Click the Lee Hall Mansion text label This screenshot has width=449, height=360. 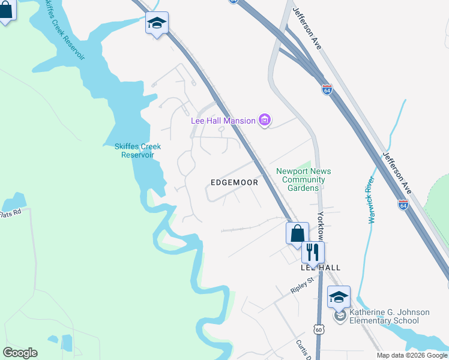pyautogui.click(x=223, y=121)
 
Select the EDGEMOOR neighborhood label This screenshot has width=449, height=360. pyautogui.click(x=234, y=182)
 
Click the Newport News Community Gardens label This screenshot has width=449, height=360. pyautogui.click(x=303, y=179)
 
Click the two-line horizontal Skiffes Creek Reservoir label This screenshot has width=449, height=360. pyautogui.click(x=137, y=151)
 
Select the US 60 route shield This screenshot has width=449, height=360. pyautogui.click(x=318, y=328)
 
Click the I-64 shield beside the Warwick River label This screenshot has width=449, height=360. pyautogui.click(x=403, y=205)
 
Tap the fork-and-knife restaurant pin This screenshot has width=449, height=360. pyautogui.click(x=312, y=252)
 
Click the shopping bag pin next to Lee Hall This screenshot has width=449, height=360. pyautogui.click(x=297, y=233)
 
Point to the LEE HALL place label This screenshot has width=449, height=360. pyautogui.click(x=321, y=268)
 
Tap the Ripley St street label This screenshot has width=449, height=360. pyautogui.click(x=303, y=284)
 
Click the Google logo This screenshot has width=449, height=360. pyautogui.click(x=20, y=353)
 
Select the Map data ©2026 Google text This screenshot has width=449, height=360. pyautogui.click(x=412, y=356)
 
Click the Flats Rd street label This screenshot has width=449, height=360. pyautogui.click(x=10, y=213)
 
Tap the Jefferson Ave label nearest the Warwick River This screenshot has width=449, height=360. pyautogui.click(x=397, y=172)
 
